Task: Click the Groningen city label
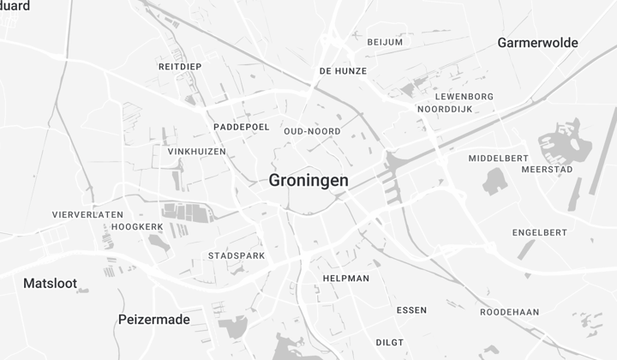(308, 181)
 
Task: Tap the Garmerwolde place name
(537, 43)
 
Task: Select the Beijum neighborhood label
(385, 42)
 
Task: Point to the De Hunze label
(343, 71)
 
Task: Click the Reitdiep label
(180, 66)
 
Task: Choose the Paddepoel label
(242, 127)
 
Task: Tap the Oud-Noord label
(312, 131)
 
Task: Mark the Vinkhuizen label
(197, 152)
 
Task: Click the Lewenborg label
(464, 97)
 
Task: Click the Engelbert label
(540, 232)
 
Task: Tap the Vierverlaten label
(88, 214)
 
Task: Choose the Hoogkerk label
(138, 227)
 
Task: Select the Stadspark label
(237, 255)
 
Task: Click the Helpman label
(346, 279)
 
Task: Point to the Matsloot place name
(50, 283)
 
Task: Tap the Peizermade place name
(153, 320)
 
